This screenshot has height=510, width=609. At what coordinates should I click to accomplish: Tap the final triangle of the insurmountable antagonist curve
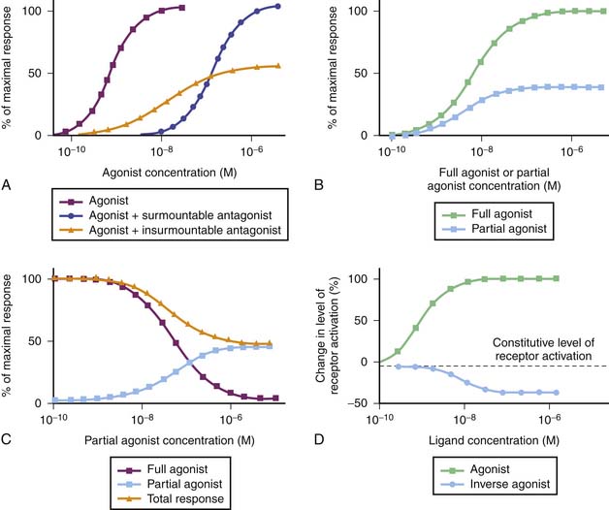[278, 66]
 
